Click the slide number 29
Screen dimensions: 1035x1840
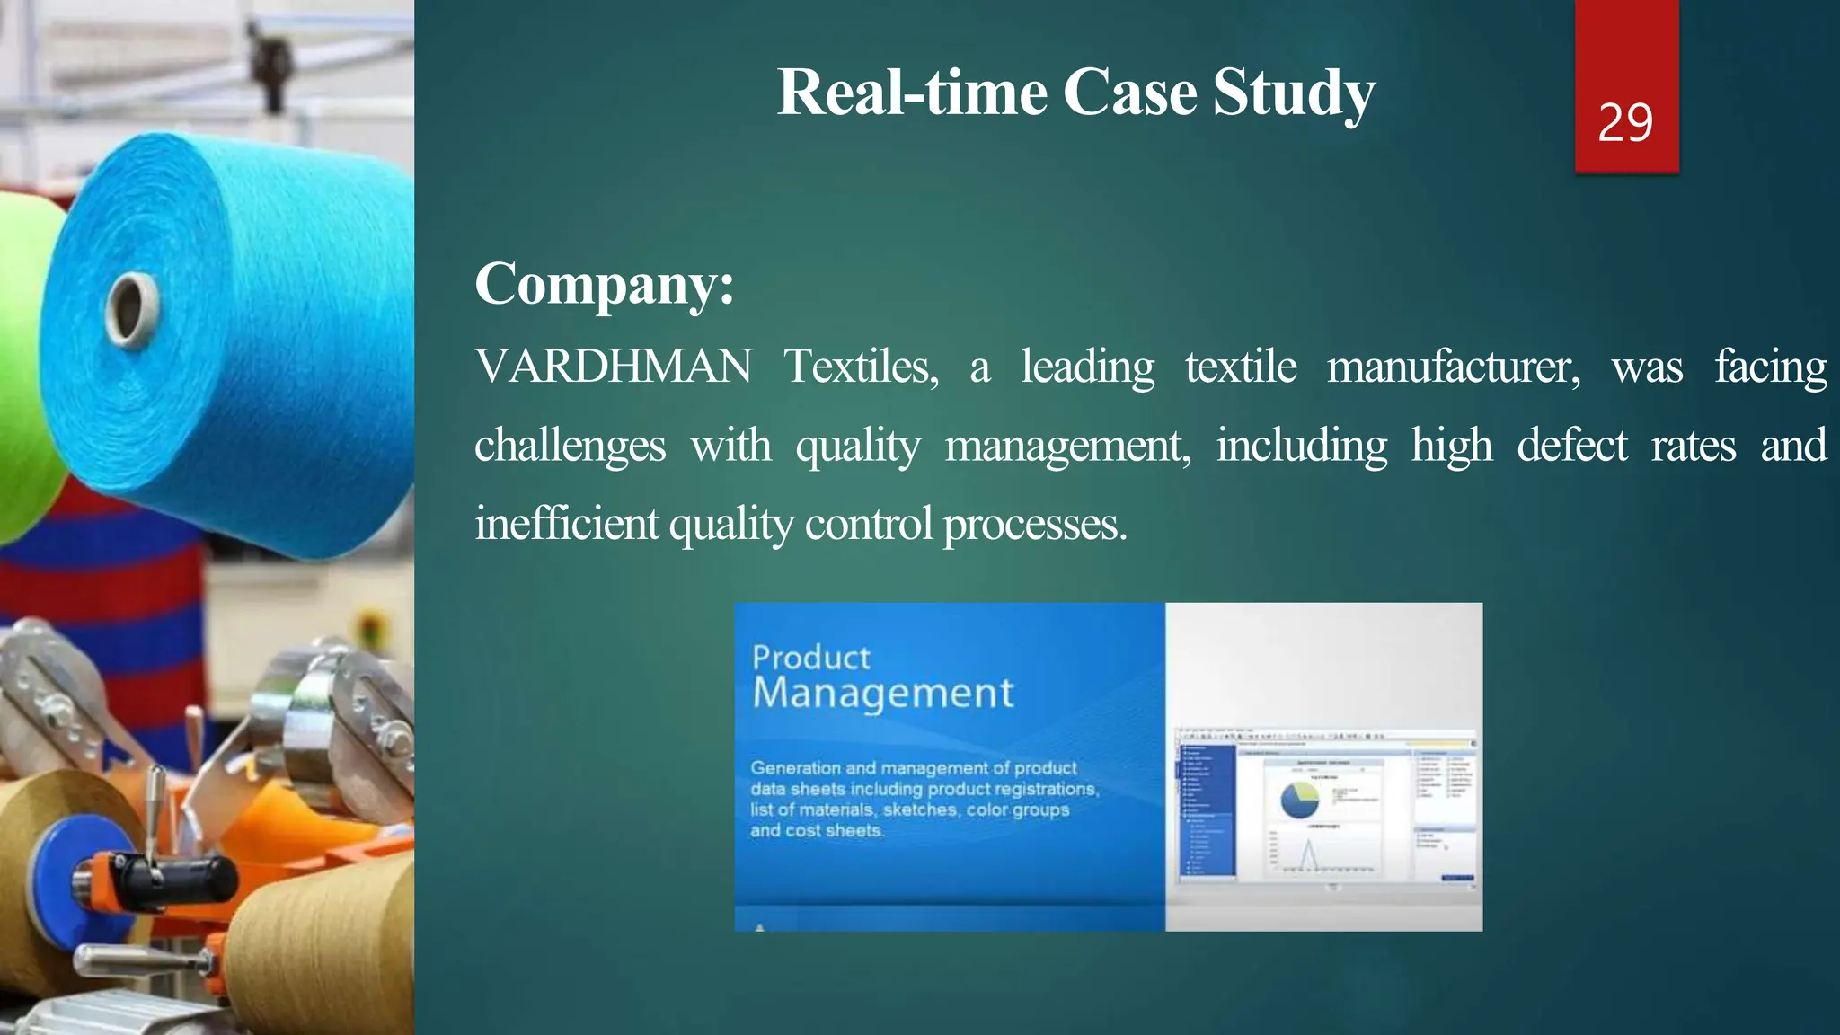coord(1625,123)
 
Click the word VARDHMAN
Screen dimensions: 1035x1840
coord(614,367)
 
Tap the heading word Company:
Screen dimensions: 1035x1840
coord(605,284)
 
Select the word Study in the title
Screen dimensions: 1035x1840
coord(1294,93)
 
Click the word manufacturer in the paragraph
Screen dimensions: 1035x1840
coord(1453,367)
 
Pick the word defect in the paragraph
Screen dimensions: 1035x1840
coord(1571,446)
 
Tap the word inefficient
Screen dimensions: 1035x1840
coord(566,523)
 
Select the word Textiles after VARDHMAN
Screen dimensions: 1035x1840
coord(861,367)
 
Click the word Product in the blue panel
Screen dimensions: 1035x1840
coord(811,658)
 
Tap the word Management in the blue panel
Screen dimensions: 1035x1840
coord(883,694)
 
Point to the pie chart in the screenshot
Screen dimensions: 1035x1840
coord(1299,799)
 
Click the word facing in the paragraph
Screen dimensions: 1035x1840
coord(1770,367)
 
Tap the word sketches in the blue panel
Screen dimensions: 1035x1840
coord(920,809)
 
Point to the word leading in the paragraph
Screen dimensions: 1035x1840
coord(1087,367)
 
